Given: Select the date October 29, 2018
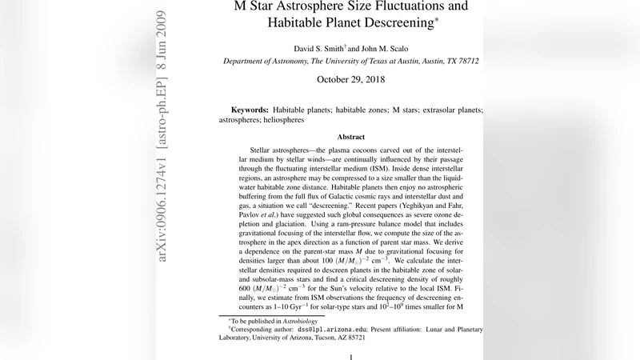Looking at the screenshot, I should pyautogui.click(x=351, y=79).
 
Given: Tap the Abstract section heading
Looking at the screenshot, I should pyautogui.click(x=351, y=137).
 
